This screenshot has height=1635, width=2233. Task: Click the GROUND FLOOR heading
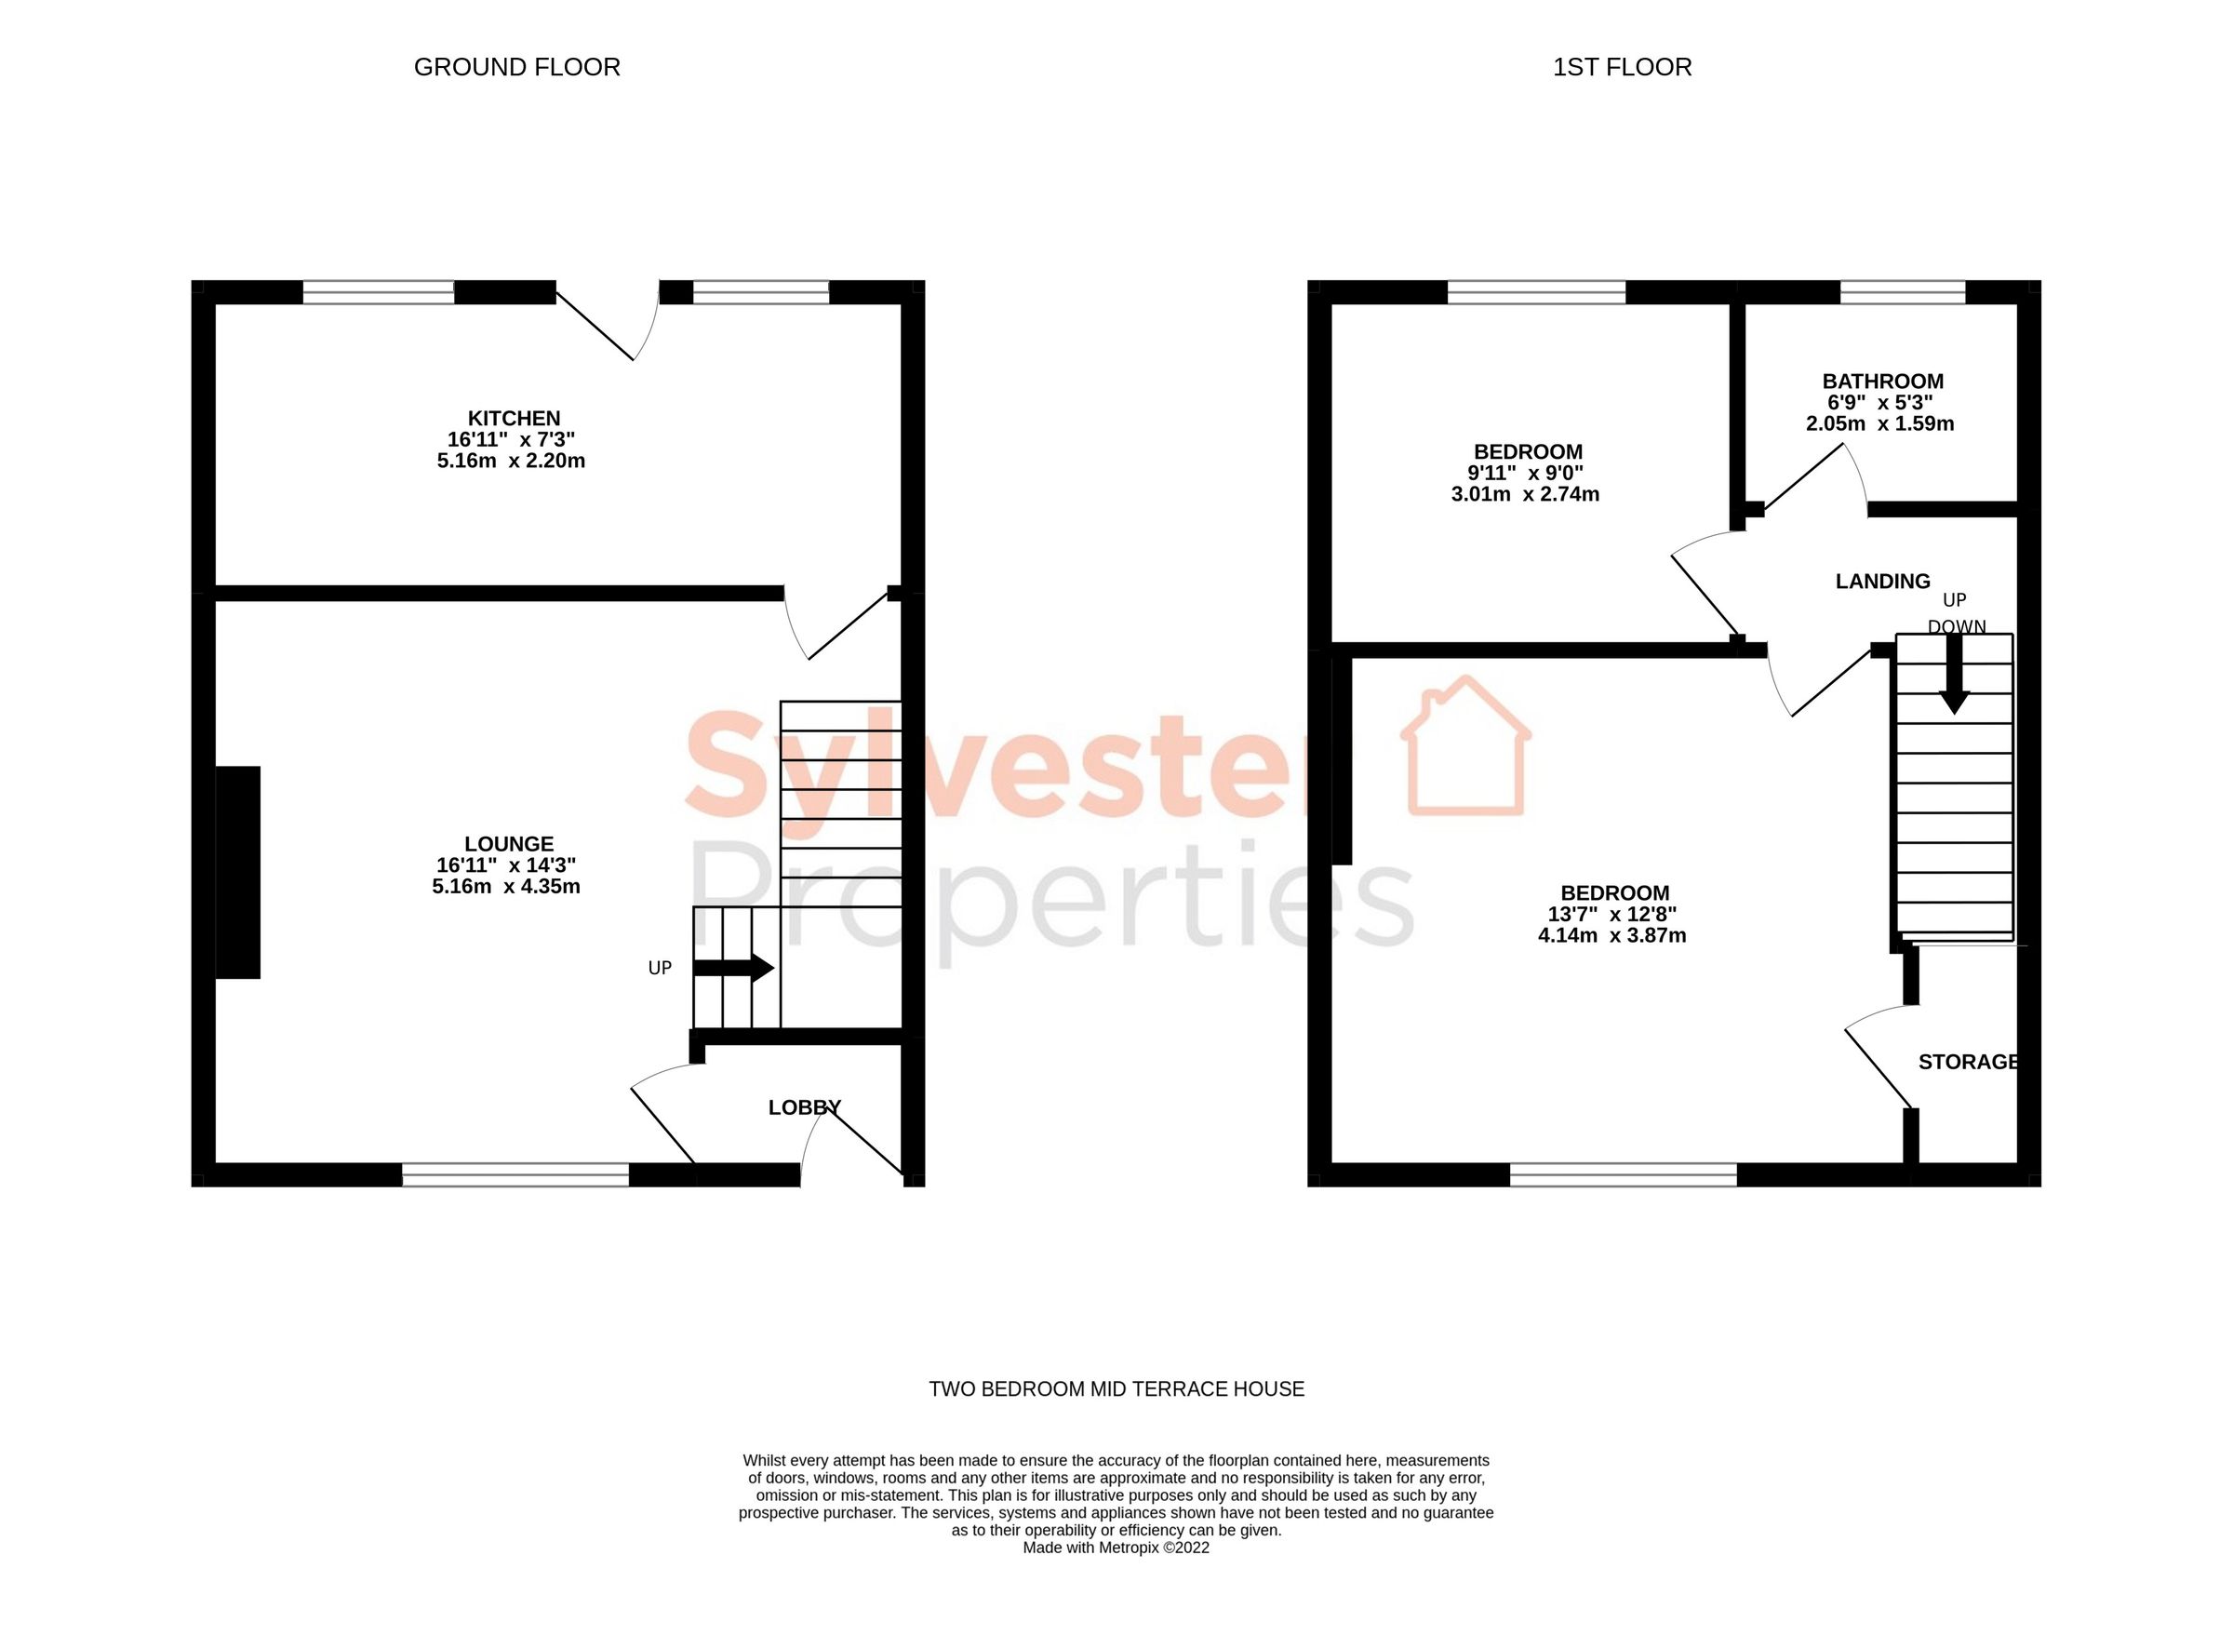(x=516, y=67)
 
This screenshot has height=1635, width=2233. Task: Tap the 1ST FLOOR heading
(x=1622, y=67)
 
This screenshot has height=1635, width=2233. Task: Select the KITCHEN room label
(x=514, y=419)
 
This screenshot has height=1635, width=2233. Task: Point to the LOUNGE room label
(x=509, y=844)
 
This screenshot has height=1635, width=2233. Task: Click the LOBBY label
(x=805, y=1107)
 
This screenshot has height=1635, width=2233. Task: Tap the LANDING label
(x=1882, y=582)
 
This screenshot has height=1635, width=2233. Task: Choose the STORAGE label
(x=1967, y=1063)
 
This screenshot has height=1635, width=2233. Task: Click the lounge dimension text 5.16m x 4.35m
(x=505, y=887)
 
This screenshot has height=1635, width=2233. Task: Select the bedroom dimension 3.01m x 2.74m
(x=1525, y=495)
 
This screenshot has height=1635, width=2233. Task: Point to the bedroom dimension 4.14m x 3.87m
(x=1611, y=936)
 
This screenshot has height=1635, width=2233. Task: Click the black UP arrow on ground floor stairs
(x=732, y=968)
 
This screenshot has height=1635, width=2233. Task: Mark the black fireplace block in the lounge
(x=237, y=872)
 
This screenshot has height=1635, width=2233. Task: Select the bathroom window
(x=1902, y=292)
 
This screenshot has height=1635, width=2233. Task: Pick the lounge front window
(x=515, y=1174)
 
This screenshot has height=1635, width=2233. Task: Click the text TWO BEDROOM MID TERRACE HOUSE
(x=1116, y=1389)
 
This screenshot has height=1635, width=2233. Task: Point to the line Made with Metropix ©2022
(x=1116, y=1548)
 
